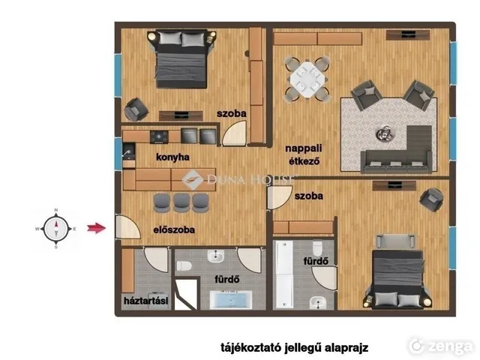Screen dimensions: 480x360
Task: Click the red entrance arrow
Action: pos(97,228)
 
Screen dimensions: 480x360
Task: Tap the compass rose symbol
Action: pos(56,229)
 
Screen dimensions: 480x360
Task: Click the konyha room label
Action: pos(172,157)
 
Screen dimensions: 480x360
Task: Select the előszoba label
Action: pos(174,229)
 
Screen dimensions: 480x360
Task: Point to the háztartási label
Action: pos(146,301)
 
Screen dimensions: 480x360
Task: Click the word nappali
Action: pos(303,148)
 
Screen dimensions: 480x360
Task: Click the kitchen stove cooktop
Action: pos(159,136)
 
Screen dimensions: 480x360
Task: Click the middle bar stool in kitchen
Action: pos(181,202)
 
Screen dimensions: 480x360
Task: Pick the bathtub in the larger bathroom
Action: pos(231,300)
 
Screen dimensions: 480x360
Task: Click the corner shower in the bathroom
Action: pos(185,293)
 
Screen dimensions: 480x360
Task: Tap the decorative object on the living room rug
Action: pos(385,133)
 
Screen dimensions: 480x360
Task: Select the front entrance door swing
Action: pos(127,227)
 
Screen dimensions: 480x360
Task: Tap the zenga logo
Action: pos(441,346)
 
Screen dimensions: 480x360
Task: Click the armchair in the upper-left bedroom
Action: pos(136,109)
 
